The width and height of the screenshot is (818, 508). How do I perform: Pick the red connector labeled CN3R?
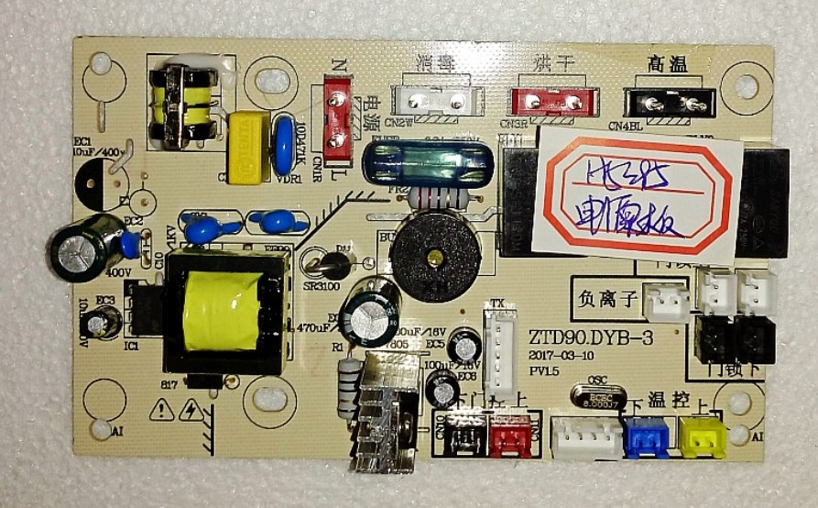point(545,100)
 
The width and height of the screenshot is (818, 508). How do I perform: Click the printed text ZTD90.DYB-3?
point(590,338)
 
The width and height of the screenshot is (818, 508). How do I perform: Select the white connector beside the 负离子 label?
point(666,302)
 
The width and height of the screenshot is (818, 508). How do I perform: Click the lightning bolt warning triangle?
point(191,409)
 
